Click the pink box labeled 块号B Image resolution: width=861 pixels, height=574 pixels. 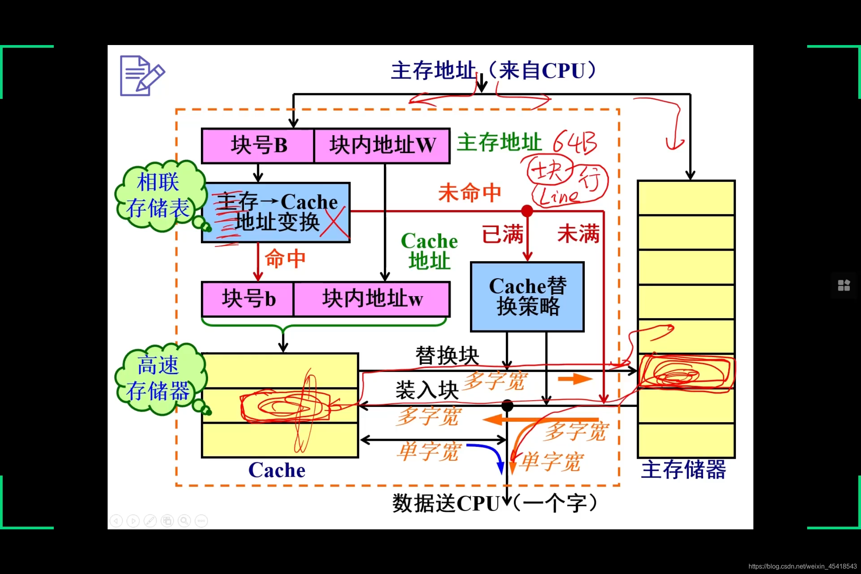click(258, 145)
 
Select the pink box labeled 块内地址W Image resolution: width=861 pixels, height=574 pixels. click(382, 145)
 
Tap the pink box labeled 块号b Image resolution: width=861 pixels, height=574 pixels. click(248, 299)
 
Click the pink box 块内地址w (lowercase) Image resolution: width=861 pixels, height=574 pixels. click(372, 299)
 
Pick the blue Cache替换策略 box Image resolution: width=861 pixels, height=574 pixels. click(527, 297)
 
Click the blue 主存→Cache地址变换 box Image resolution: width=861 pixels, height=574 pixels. click(276, 212)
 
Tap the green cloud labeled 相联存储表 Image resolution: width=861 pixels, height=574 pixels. click(159, 195)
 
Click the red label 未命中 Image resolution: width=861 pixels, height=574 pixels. click(470, 193)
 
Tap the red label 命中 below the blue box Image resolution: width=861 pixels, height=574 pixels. click(285, 259)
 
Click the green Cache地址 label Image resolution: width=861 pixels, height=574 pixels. click(429, 251)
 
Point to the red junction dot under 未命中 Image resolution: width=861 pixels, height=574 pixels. click(527, 211)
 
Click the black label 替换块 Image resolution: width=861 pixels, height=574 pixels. click(447, 356)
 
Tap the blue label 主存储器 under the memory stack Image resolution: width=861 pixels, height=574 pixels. click(683, 470)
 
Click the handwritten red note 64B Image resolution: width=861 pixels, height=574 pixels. click(575, 142)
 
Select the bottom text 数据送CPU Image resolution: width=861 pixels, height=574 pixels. click(446, 503)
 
